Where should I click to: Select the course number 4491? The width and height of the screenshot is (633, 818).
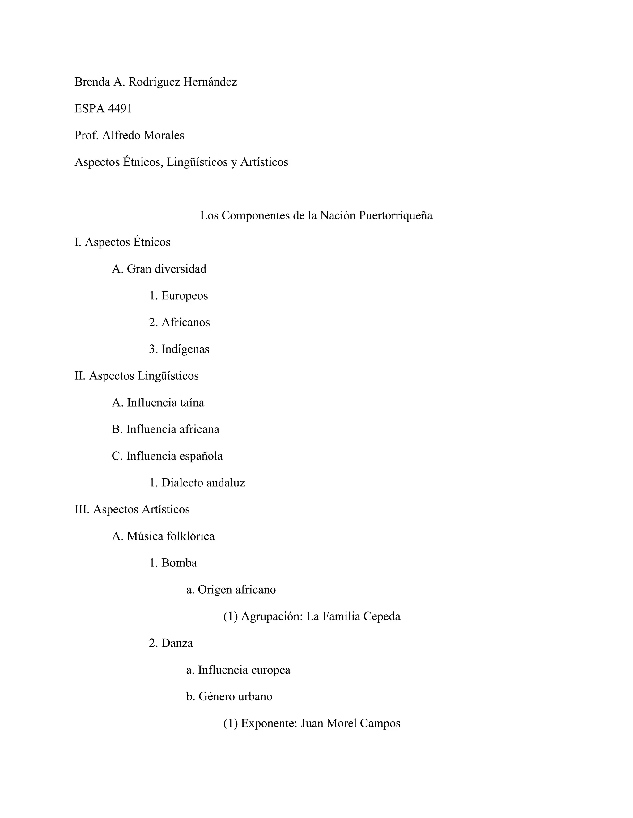pos(120,109)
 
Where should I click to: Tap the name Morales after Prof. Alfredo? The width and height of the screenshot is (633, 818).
pos(164,135)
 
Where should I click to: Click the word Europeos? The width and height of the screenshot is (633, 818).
pos(185,296)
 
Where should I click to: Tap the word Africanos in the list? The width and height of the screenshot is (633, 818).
pos(186,323)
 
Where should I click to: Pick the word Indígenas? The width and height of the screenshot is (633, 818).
pos(185,349)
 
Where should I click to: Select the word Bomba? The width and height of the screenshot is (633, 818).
pos(179,563)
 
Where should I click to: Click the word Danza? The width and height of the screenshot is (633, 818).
pos(177,643)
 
